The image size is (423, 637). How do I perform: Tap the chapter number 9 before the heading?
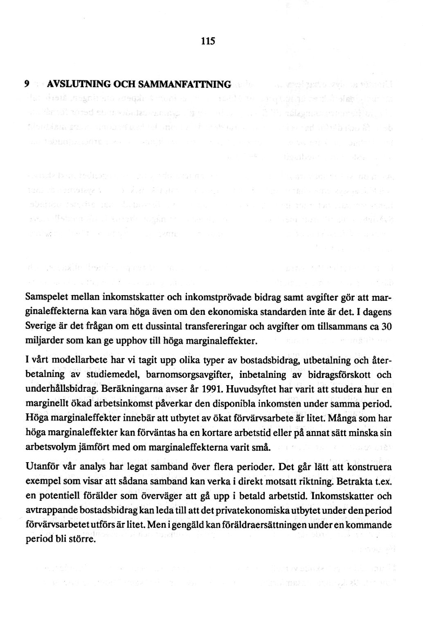point(26,85)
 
